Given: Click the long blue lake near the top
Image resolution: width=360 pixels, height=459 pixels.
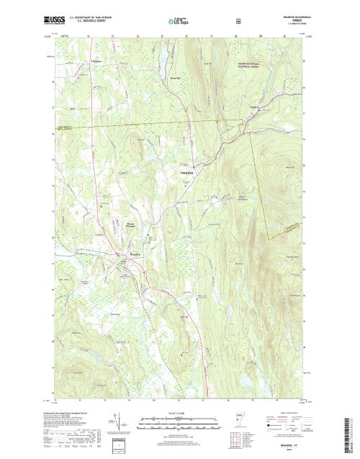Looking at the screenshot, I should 163,55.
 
